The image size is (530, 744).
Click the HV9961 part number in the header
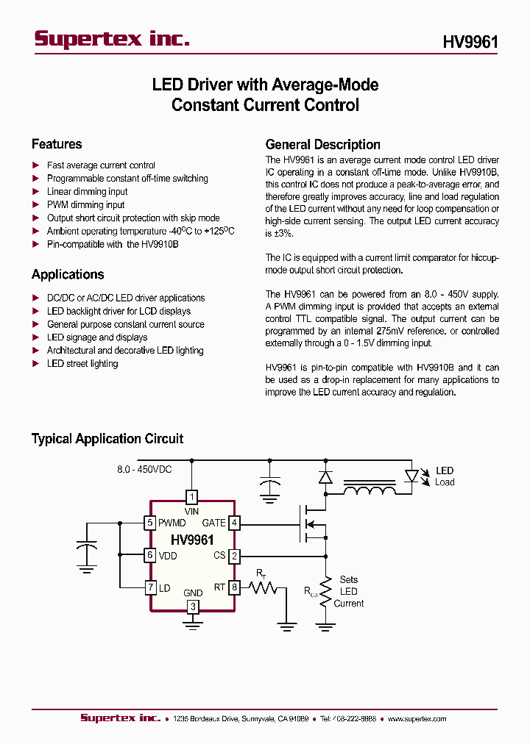tap(470, 43)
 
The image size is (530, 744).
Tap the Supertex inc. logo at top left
tap(112, 40)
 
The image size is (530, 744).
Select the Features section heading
tap(57, 144)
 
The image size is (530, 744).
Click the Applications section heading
tap(68, 275)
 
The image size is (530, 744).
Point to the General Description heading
tap(322, 145)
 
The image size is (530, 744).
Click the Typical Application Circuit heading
tap(107, 439)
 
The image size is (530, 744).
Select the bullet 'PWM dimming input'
tap(85, 205)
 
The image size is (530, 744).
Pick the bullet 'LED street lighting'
tap(82, 364)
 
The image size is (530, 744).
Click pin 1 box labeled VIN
tap(192, 496)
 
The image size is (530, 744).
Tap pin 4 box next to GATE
tap(234, 523)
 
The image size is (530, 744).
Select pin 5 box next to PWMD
tap(150, 523)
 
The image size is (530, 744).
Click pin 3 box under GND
tap(192, 607)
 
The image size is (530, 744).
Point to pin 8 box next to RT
tap(234, 587)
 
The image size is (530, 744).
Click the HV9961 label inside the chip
tap(192, 540)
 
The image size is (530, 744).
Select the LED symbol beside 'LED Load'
tap(411, 476)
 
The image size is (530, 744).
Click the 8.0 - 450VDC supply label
tap(144, 470)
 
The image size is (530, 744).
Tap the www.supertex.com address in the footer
tap(417, 719)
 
